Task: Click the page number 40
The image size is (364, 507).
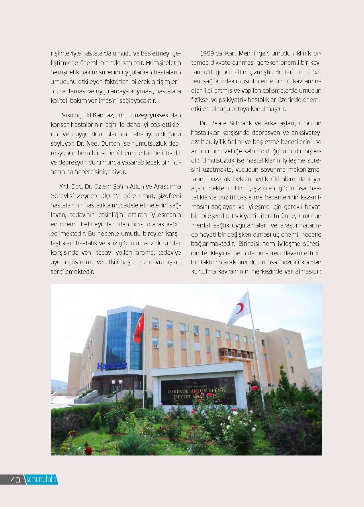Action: point(15,480)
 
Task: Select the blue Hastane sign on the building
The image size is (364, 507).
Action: point(112,366)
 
